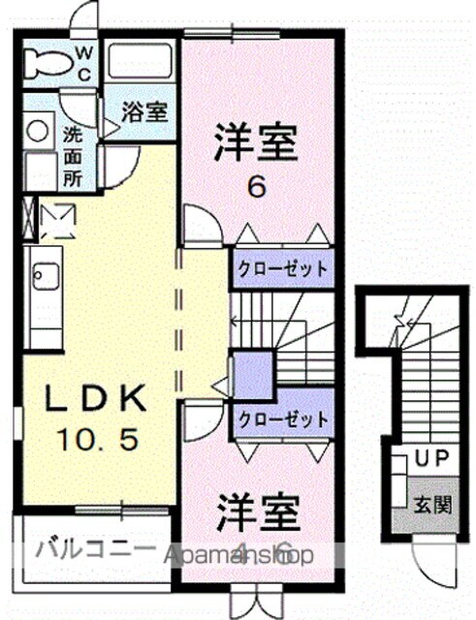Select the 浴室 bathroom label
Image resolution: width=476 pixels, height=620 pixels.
(144, 110)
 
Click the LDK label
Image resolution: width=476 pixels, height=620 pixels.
(97, 398)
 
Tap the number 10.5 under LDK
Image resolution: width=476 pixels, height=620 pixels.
(97, 441)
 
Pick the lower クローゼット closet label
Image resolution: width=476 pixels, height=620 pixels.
(281, 420)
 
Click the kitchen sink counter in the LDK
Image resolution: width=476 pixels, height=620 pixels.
(44, 280)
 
